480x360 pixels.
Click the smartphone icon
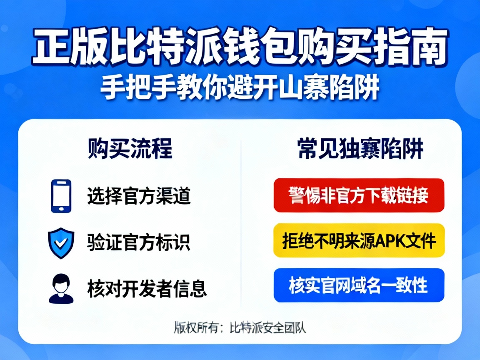click(61, 196)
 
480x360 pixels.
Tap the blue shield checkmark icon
click(61, 243)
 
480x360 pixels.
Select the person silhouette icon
click(61, 288)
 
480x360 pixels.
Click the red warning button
click(359, 195)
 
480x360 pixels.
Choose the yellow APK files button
click(359, 240)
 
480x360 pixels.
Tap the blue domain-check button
click(359, 285)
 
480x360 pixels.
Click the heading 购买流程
click(130, 149)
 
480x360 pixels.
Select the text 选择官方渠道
click(139, 196)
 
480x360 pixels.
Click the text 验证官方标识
click(139, 242)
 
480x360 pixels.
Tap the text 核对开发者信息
click(147, 288)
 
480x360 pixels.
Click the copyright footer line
click(240, 328)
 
